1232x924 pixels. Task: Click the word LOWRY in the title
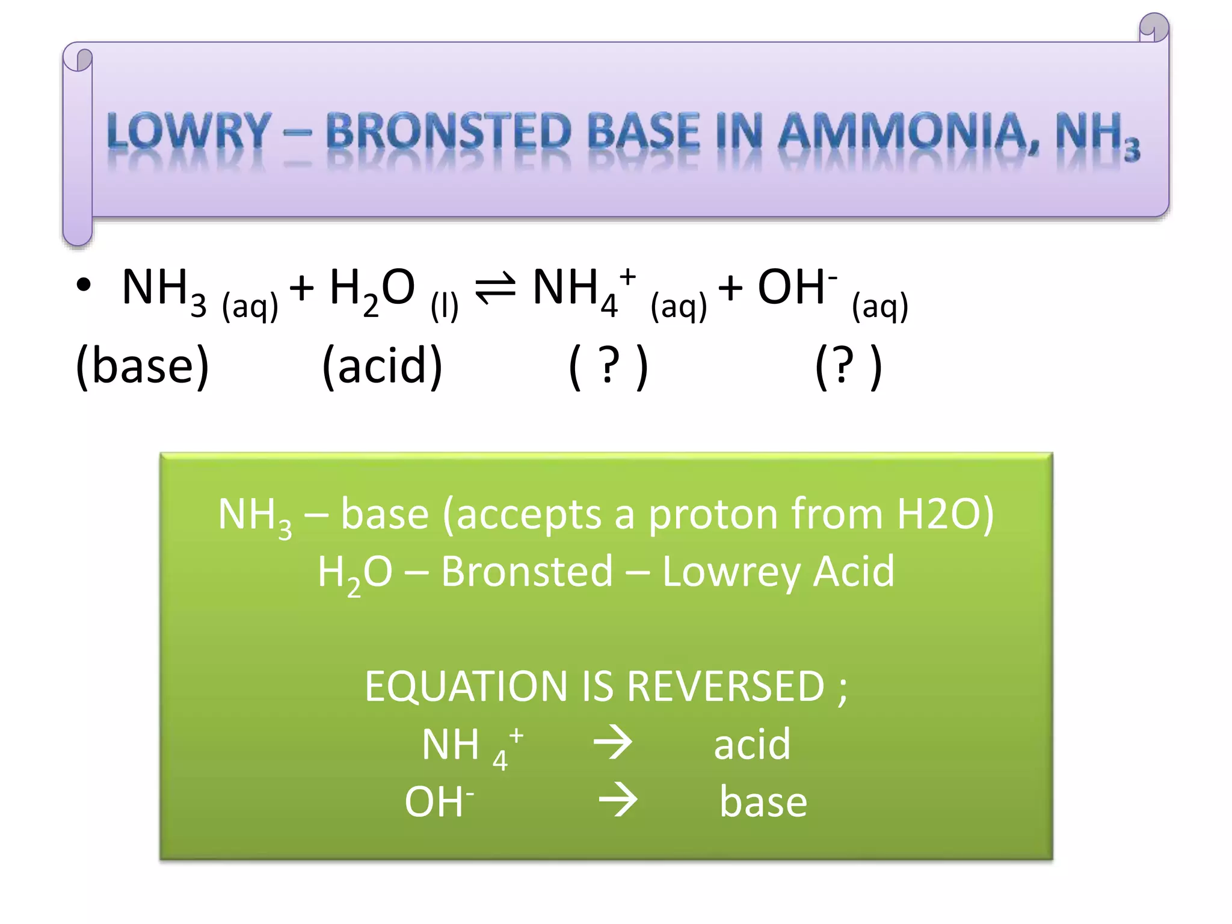188,131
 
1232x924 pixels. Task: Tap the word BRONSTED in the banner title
448,131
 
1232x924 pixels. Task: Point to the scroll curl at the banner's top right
1154,28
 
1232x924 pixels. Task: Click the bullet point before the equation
84,286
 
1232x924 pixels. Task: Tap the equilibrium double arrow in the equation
495,288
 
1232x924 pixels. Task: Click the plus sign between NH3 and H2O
302,288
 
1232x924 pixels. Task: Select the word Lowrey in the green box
730,571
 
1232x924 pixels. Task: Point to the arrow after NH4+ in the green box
613,744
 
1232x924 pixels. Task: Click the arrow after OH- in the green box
618,801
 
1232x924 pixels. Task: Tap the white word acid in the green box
752,744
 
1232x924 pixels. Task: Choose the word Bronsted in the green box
527,571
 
